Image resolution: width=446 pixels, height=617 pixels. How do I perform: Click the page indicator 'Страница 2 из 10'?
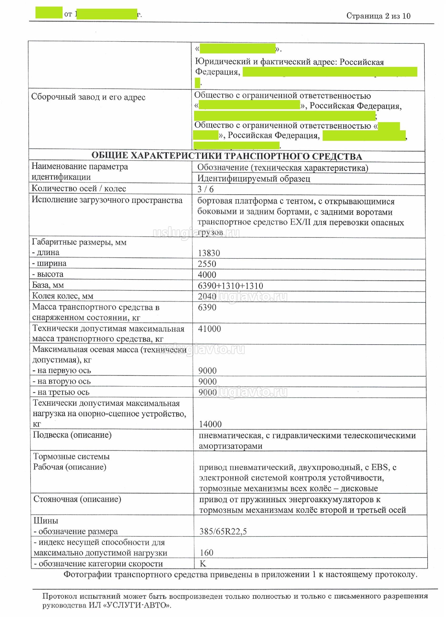point(378,16)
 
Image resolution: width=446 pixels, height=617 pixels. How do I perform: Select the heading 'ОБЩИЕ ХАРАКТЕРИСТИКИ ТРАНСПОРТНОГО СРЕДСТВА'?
point(227,156)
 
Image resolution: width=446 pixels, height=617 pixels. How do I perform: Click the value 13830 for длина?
point(209,253)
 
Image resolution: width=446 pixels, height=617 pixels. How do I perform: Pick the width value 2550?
point(207,264)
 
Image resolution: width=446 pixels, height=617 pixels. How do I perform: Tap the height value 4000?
point(207,275)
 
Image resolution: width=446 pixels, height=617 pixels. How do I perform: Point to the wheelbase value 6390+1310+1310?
point(230,286)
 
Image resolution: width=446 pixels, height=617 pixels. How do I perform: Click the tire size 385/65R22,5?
point(223,531)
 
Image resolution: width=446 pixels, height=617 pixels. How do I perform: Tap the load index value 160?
point(206,553)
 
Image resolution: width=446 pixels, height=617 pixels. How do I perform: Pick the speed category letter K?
point(203,563)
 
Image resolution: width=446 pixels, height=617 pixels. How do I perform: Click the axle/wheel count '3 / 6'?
point(205,189)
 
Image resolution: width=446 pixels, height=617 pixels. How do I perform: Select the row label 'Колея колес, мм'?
point(63,296)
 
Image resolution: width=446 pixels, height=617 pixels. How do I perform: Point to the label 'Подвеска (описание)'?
point(72,435)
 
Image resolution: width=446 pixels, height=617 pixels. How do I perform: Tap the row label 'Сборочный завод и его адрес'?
point(88,97)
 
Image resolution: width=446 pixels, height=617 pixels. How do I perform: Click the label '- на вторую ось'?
point(62,381)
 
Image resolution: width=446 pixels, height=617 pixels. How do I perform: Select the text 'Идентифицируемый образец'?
point(254,178)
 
